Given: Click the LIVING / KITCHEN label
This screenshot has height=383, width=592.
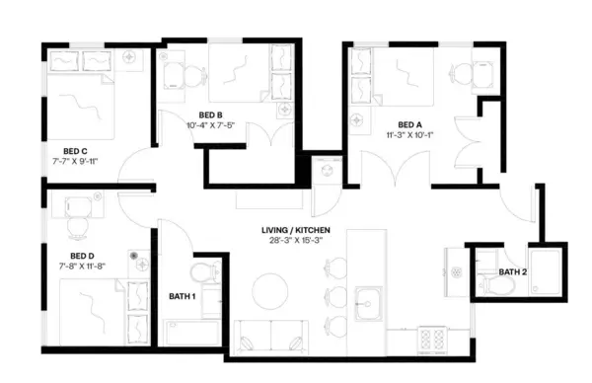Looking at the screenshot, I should [x=295, y=231].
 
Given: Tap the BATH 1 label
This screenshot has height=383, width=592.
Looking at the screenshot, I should [x=181, y=296].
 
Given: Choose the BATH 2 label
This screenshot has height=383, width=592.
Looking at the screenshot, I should [x=512, y=271].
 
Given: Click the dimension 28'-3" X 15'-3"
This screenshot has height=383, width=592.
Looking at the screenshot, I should [x=295, y=242].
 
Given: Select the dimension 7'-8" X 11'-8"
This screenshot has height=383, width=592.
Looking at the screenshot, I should [x=81, y=266].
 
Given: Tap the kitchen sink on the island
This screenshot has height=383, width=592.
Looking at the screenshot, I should [x=370, y=299].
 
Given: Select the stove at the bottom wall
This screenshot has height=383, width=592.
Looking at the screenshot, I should [x=432, y=340].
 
